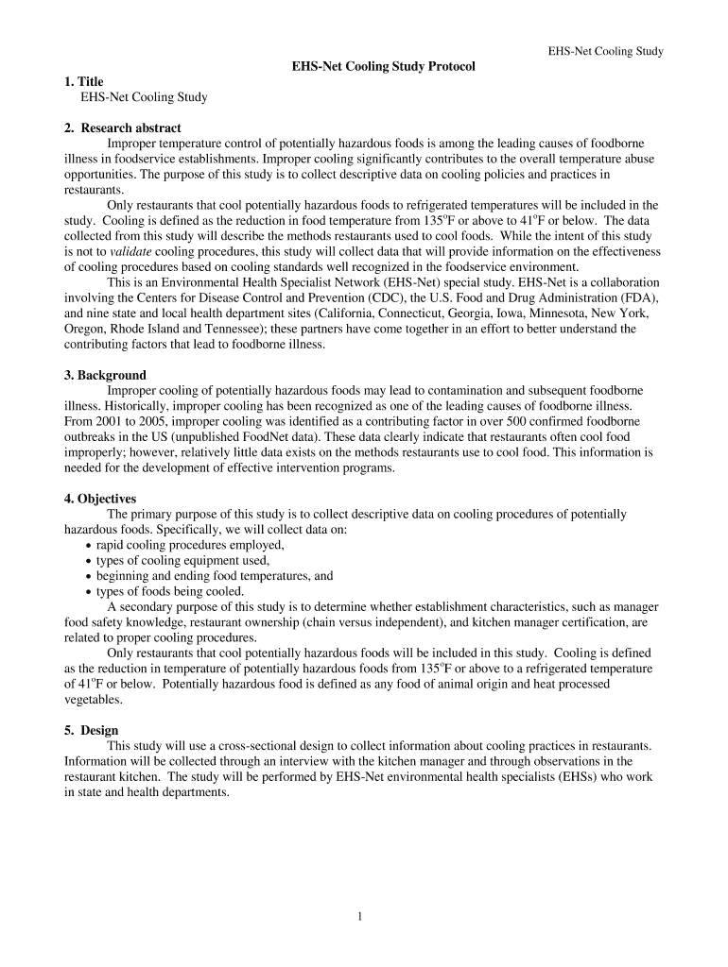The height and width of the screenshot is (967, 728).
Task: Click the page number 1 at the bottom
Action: tap(361, 915)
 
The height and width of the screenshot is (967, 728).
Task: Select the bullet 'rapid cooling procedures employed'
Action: tap(190, 545)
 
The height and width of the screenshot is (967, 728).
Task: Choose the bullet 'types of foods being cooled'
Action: tap(170, 591)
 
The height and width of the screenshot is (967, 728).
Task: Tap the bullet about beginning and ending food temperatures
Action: tap(214, 575)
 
